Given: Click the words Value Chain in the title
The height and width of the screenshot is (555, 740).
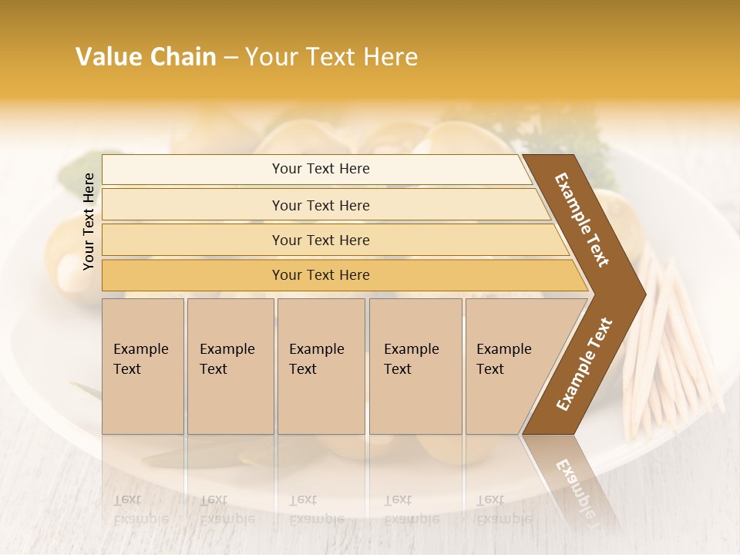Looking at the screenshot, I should tap(146, 57).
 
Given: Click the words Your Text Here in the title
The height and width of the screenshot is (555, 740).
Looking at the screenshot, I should tap(331, 57).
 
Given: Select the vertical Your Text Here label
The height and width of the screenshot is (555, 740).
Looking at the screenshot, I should tap(89, 222).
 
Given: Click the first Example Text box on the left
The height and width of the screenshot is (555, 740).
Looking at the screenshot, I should tap(143, 365).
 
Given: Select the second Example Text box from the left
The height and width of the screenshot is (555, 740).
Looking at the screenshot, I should tap(230, 365).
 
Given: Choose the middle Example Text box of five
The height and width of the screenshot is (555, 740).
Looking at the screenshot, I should tap(321, 365).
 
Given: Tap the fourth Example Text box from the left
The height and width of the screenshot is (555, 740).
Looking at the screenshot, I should tap(415, 365).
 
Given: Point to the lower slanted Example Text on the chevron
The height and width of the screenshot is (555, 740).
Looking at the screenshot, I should tap(584, 364).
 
